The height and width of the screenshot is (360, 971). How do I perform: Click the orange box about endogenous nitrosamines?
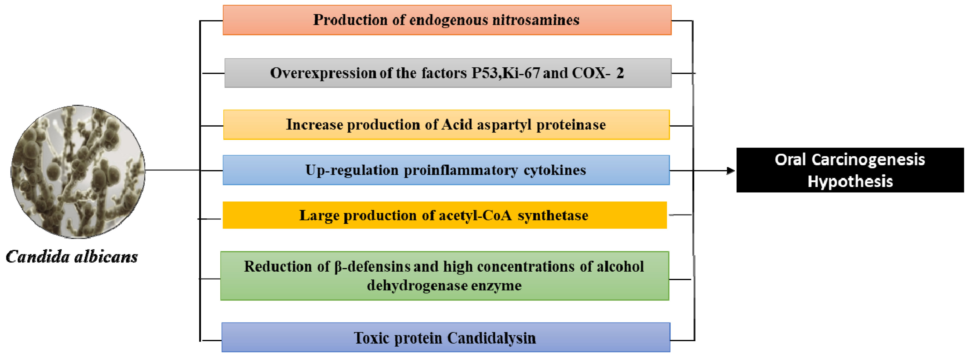[x=447, y=20]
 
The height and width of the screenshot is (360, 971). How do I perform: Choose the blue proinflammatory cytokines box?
[x=446, y=170]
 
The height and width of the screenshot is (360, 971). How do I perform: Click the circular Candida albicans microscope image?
[x=78, y=171]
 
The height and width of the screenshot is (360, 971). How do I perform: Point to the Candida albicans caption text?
[x=72, y=257]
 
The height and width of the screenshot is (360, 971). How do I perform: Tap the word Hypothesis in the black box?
[x=850, y=181]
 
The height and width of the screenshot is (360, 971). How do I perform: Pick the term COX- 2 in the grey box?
[x=598, y=73]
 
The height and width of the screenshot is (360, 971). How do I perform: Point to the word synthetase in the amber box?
[x=553, y=215]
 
